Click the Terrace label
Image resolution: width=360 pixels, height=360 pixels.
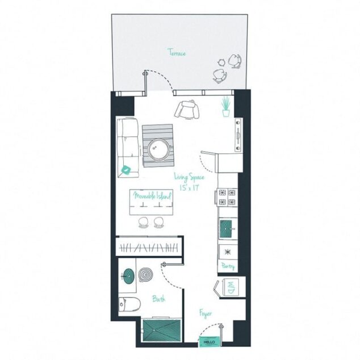[x=177, y=53]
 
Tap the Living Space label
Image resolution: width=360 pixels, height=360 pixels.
[x=189, y=178]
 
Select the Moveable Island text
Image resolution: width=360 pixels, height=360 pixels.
[x=152, y=196]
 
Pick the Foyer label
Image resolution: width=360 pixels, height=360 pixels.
[x=206, y=313]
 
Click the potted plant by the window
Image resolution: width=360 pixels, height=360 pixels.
[x=226, y=106]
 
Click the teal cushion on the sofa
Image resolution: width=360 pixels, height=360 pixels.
[x=126, y=169]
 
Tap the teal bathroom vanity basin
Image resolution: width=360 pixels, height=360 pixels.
[x=128, y=275]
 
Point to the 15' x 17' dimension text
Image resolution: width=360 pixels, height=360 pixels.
[x=189, y=186]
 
